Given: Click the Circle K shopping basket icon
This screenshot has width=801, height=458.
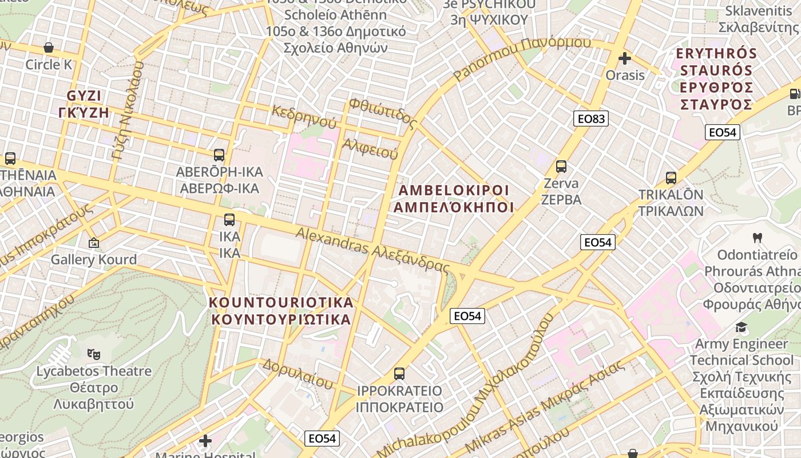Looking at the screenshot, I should (x=49, y=48).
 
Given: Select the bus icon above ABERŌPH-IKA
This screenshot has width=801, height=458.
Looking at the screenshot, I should (x=219, y=155).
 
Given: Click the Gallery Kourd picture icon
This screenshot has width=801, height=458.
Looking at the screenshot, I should (x=94, y=243).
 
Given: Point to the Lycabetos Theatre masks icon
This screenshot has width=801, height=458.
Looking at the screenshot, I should (x=94, y=354).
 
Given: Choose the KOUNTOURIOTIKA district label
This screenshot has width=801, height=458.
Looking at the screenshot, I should (x=281, y=311).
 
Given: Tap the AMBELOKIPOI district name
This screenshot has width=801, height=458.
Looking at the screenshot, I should (x=454, y=199).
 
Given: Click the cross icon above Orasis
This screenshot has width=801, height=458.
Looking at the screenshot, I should (x=625, y=58).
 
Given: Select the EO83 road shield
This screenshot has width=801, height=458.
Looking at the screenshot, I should (x=591, y=119).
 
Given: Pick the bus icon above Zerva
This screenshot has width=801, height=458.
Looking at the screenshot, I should (x=561, y=167).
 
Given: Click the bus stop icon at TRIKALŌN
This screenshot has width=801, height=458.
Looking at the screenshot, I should (x=671, y=178).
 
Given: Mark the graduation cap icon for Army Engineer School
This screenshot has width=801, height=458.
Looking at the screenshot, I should (x=741, y=327).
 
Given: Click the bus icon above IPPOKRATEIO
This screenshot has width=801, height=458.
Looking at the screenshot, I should (x=399, y=374).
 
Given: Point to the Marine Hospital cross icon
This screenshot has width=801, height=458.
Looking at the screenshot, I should (x=205, y=441).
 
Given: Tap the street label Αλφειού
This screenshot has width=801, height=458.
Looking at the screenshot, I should (x=370, y=148).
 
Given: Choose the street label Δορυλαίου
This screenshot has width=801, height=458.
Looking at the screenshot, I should (x=298, y=373).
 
